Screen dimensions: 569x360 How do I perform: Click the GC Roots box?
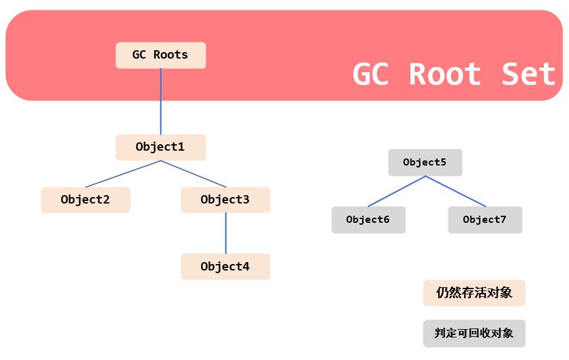tap(160, 55)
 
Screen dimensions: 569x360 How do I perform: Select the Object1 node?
tap(160, 147)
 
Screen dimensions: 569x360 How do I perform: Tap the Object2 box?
tap(86, 200)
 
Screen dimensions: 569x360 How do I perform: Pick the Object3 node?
tap(226, 200)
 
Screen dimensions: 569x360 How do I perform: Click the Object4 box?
tap(226, 267)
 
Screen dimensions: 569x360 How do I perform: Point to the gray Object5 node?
tap(425, 162)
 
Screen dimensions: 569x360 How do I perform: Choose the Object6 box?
tap(369, 220)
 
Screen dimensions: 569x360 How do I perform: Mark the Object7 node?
tap(485, 220)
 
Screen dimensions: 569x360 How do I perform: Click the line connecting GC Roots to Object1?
tap(160, 102)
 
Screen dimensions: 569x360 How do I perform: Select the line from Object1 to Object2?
tap(123, 174)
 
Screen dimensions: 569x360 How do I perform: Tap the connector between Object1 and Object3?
tap(193, 174)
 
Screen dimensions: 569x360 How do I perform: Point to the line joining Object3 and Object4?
tap(226, 233)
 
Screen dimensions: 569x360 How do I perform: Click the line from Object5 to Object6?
tap(397, 191)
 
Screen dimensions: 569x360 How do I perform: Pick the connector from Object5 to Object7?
tap(456, 191)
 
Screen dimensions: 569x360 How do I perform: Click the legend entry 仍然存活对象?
tap(474, 293)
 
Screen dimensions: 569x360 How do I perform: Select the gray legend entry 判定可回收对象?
tap(474, 333)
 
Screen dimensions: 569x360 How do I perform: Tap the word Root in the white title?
tap(445, 74)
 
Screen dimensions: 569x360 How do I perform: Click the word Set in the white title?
tap(528, 74)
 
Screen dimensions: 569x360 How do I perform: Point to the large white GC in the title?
tap(371, 74)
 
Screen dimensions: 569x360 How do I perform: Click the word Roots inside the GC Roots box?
tap(171, 55)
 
